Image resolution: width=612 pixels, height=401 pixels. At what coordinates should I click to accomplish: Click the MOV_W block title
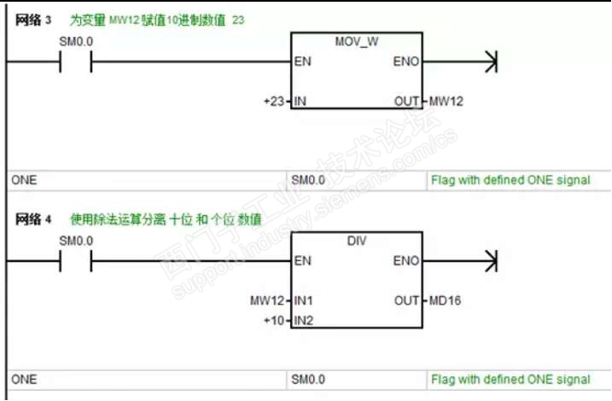[357, 41]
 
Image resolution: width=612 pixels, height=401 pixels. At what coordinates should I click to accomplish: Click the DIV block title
[357, 241]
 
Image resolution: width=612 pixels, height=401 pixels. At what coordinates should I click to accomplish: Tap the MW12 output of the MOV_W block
[446, 102]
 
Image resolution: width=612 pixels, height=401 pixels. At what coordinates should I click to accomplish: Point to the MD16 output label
[445, 300]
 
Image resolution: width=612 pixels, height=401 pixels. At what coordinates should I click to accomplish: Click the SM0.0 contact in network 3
[75, 61]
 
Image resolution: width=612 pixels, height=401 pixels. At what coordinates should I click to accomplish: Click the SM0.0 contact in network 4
[75, 261]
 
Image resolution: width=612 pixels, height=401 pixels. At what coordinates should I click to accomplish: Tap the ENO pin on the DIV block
[405, 261]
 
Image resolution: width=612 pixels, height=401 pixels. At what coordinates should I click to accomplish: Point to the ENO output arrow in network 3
[490, 61]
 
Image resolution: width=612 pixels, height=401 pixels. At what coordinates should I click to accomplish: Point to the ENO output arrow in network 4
[490, 261]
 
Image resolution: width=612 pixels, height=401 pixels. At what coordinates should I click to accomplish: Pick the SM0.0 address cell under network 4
[308, 380]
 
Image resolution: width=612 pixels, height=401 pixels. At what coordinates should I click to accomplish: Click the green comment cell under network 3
[510, 180]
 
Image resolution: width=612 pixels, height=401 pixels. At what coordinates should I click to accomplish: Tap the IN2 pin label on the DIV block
[303, 320]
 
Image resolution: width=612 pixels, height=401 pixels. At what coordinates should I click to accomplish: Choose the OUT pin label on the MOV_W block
[406, 102]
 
